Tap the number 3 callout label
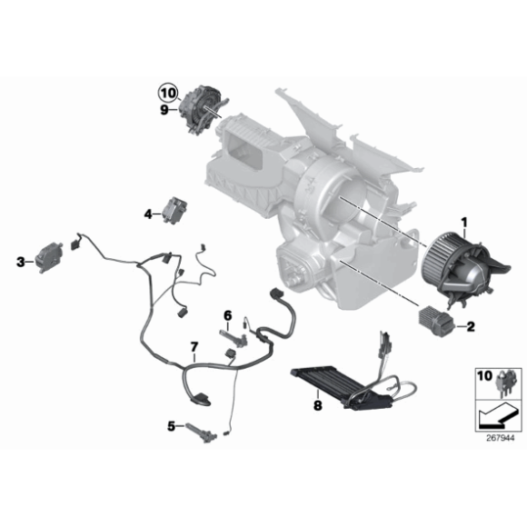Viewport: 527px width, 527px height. point(20,262)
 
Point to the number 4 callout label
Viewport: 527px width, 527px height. point(147,214)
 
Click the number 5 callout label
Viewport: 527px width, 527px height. point(170,424)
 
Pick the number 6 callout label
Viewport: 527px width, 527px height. point(228,314)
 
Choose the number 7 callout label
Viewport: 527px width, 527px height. point(193,346)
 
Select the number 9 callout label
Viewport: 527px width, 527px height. point(165,112)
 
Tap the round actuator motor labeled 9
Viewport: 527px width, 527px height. point(202,107)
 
